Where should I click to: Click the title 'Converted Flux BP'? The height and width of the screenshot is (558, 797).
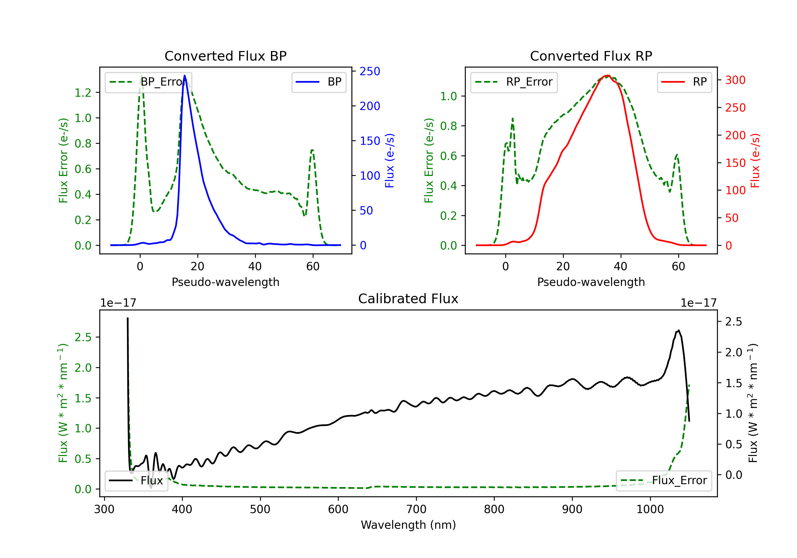click(x=225, y=56)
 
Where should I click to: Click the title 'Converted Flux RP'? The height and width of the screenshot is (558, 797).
click(x=591, y=56)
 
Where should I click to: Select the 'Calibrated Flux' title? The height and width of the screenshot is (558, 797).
click(x=408, y=299)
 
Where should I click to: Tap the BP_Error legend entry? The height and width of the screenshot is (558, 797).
click(x=149, y=82)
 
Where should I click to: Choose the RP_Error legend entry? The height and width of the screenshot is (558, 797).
click(x=514, y=82)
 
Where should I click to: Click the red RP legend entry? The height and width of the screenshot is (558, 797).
click(x=684, y=82)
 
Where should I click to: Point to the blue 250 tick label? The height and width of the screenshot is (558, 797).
click(x=370, y=71)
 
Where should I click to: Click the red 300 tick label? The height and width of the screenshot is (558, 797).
click(x=735, y=80)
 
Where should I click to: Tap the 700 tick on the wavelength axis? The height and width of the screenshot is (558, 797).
click(x=416, y=509)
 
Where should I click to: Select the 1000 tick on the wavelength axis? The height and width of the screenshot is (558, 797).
click(x=650, y=509)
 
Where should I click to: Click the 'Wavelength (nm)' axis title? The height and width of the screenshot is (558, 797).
click(x=408, y=525)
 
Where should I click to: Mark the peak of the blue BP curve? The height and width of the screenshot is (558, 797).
click(x=185, y=75)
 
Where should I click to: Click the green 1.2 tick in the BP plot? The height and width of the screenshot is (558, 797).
click(x=83, y=93)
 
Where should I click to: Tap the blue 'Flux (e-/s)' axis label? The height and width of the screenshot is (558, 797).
click(x=389, y=161)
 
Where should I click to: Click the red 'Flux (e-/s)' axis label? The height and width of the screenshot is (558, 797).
click(x=755, y=161)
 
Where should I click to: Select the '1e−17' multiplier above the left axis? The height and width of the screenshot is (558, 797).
click(x=118, y=303)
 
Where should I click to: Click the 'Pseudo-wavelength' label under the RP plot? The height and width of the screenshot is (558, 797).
click(x=591, y=282)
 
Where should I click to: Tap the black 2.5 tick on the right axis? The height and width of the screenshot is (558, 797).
click(x=734, y=322)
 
